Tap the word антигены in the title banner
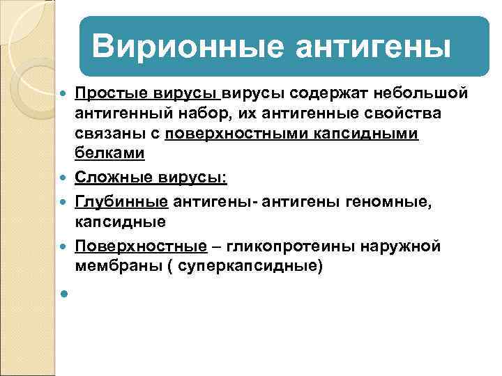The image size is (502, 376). point(374,47)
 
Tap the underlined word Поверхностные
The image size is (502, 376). point(141,247)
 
